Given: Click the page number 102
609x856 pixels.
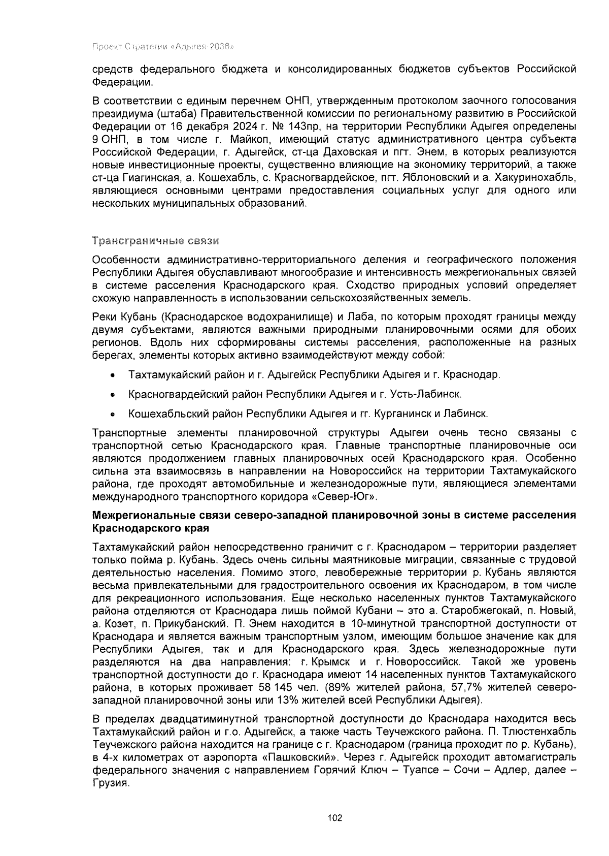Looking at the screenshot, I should [335, 818].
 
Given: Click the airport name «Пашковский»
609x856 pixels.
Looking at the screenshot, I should [303, 757].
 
